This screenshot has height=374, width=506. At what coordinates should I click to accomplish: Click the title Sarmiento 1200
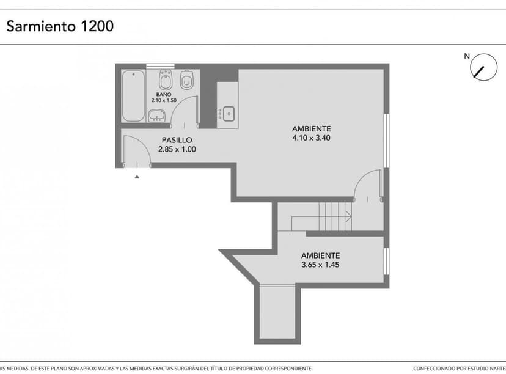coord(60,27)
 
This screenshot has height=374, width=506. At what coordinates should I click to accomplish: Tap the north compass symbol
coord(483,67)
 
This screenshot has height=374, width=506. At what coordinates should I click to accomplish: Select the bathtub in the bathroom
coord(133,96)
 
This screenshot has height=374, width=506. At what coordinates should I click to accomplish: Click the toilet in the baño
coord(188,80)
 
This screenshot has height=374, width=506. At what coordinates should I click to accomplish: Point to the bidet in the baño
coord(165,80)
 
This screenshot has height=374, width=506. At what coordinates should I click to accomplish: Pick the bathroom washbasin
coord(158,115)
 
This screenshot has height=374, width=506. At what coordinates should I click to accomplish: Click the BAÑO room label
coord(163,94)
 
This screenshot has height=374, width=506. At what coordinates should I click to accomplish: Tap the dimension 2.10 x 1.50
coord(163,101)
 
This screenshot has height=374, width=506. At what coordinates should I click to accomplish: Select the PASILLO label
coord(177,140)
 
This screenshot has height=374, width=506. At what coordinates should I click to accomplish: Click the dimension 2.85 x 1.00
coord(177,149)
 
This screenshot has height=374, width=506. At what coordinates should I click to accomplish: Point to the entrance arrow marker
coord(137,176)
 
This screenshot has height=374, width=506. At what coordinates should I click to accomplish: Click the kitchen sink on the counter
coord(229,113)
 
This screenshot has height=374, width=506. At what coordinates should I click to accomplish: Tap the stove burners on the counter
coord(220,114)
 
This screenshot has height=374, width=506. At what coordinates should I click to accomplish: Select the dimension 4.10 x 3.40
coord(311,137)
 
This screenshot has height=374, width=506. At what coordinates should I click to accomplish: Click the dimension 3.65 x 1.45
coord(320,265)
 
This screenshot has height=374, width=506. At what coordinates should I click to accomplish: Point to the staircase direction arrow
coord(346,216)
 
